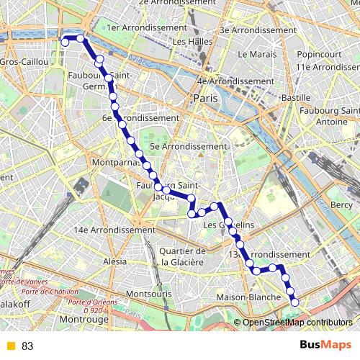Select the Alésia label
115,261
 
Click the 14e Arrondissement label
114,230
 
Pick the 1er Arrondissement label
146,27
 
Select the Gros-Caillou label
25,63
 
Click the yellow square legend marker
9,346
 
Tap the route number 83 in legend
27,346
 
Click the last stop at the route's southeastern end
294,302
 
